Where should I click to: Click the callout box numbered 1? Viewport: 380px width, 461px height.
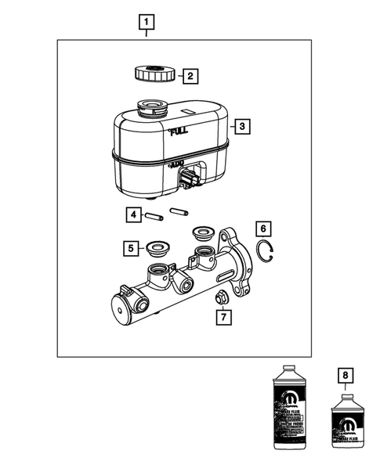147,22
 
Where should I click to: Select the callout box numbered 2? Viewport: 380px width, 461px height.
190,76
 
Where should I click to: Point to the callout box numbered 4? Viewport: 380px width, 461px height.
134,214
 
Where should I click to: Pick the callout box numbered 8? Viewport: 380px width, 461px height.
342,375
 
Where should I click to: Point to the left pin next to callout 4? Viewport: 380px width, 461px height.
154,214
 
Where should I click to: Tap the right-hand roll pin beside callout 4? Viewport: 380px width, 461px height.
179,211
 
